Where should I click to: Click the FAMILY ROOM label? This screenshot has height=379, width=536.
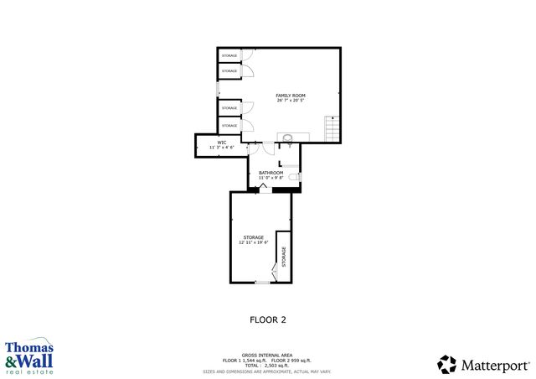(290, 96)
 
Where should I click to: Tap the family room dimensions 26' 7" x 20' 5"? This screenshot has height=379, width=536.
(290, 101)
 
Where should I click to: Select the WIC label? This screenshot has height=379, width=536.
(222, 143)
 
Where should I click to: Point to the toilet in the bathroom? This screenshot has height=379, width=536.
(293, 178)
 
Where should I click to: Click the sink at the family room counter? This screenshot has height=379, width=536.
(287, 138)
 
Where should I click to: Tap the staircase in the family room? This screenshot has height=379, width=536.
(332, 129)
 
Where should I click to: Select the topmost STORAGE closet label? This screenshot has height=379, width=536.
(229, 56)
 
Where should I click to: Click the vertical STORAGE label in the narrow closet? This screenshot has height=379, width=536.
(283, 257)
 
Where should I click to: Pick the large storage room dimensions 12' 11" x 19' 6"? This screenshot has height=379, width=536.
(254, 243)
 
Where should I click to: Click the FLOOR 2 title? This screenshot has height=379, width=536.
(268, 319)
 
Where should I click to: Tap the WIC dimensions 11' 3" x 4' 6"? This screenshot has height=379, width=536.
(222, 148)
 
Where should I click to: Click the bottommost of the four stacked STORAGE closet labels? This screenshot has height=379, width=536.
(229, 126)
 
